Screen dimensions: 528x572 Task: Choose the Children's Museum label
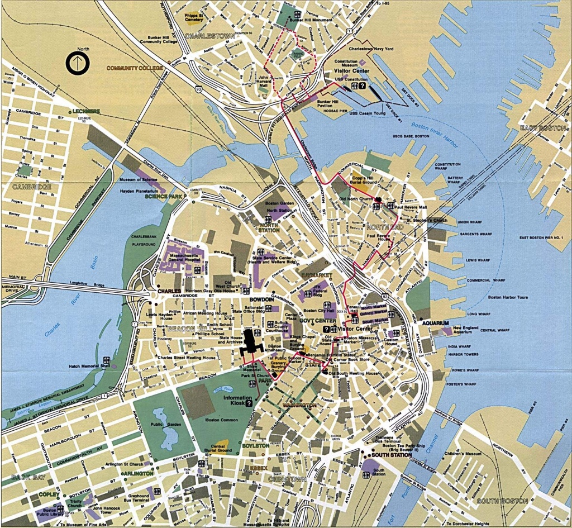click(x=465, y=453)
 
